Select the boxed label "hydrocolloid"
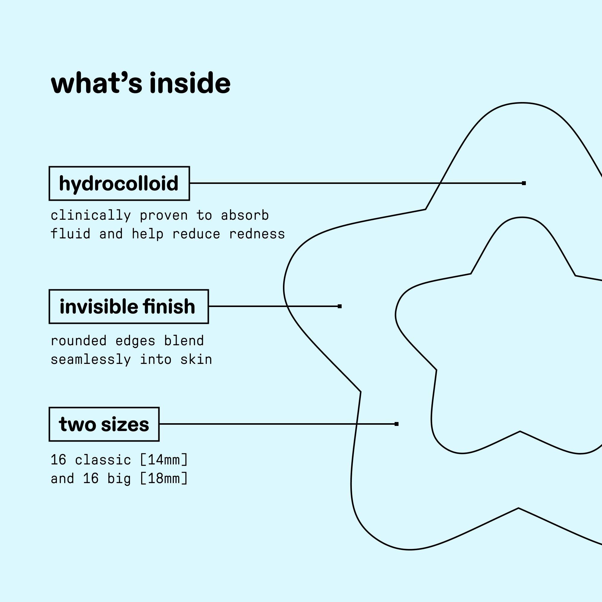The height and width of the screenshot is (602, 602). tap(119, 184)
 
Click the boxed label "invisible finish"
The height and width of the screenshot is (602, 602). tap(129, 307)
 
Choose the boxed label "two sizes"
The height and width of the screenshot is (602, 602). tap(104, 424)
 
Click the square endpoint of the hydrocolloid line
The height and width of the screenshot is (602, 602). tap(524, 183)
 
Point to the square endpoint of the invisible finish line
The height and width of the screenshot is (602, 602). tap(340, 306)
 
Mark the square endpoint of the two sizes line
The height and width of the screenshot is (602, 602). tap(396, 424)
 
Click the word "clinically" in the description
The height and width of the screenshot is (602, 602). tap(90, 216)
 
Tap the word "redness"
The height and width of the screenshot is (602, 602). tap(257, 234)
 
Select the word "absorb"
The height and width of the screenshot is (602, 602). tap(245, 216)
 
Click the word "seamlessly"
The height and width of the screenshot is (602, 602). tap(90, 360)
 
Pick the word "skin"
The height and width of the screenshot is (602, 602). tap(196, 360)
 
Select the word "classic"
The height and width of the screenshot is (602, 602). tap(103, 460)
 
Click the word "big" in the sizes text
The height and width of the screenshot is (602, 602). tap(119, 479)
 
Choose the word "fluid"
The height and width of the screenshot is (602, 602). tap(70, 234)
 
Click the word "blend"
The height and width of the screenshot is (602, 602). tap(184, 341)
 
